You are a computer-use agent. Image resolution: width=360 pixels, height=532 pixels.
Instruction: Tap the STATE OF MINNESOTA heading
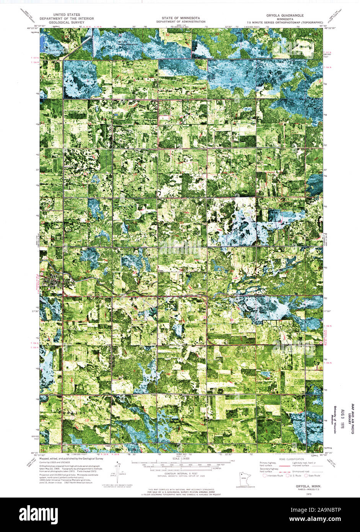pos(180,18)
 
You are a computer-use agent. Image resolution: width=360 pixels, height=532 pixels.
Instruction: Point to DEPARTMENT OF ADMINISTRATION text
pos(180,21)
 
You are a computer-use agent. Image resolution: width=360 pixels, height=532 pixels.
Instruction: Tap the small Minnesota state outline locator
pos(243,478)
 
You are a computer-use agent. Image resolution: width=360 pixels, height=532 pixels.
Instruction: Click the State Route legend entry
pos(313,476)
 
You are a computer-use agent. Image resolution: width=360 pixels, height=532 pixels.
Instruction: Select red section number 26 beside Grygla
pos(42,269)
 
